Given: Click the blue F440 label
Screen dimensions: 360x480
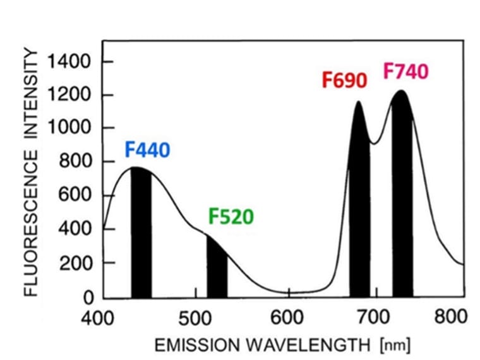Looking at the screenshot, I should (x=147, y=150).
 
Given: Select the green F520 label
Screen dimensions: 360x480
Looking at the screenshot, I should (x=231, y=217).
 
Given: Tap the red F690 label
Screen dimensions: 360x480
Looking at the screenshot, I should (x=344, y=80).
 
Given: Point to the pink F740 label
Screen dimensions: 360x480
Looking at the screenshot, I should (x=405, y=71).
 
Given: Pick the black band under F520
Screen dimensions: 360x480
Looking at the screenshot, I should (x=217, y=268).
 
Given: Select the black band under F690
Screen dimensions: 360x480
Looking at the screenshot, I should (x=359, y=208).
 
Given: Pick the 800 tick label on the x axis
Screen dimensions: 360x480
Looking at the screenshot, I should (x=455, y=316).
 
